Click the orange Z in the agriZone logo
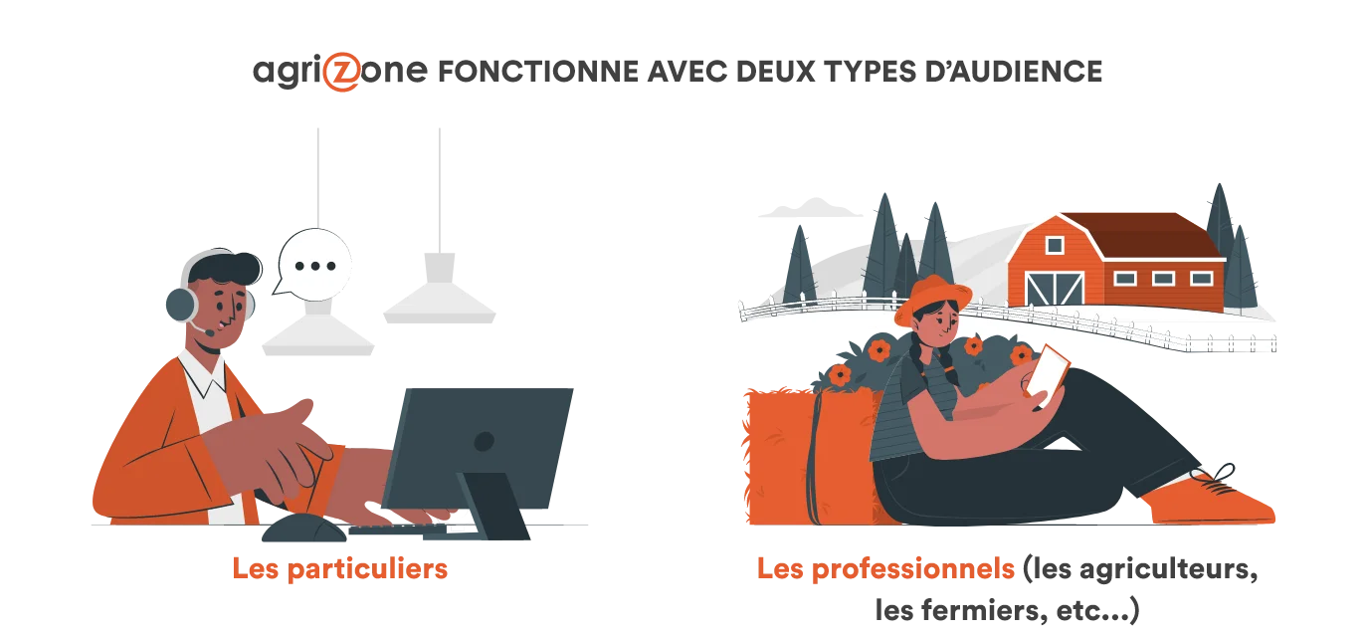click(x=343, y=73)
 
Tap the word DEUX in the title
click(x=775, y=72)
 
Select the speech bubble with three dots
click(x=313, y=265)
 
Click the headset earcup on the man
click(x=181, y=304)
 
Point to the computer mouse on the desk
click(x=303, y=528)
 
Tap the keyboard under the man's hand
click(x=397, y=530)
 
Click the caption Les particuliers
click(x=340, y=569)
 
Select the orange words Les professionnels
click(x=885, y=569)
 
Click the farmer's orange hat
click(x=932, y=298)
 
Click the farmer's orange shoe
click(x=1211, y=500)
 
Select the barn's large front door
click(x=1056, y=289)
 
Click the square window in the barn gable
click(x=1055, y=246)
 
